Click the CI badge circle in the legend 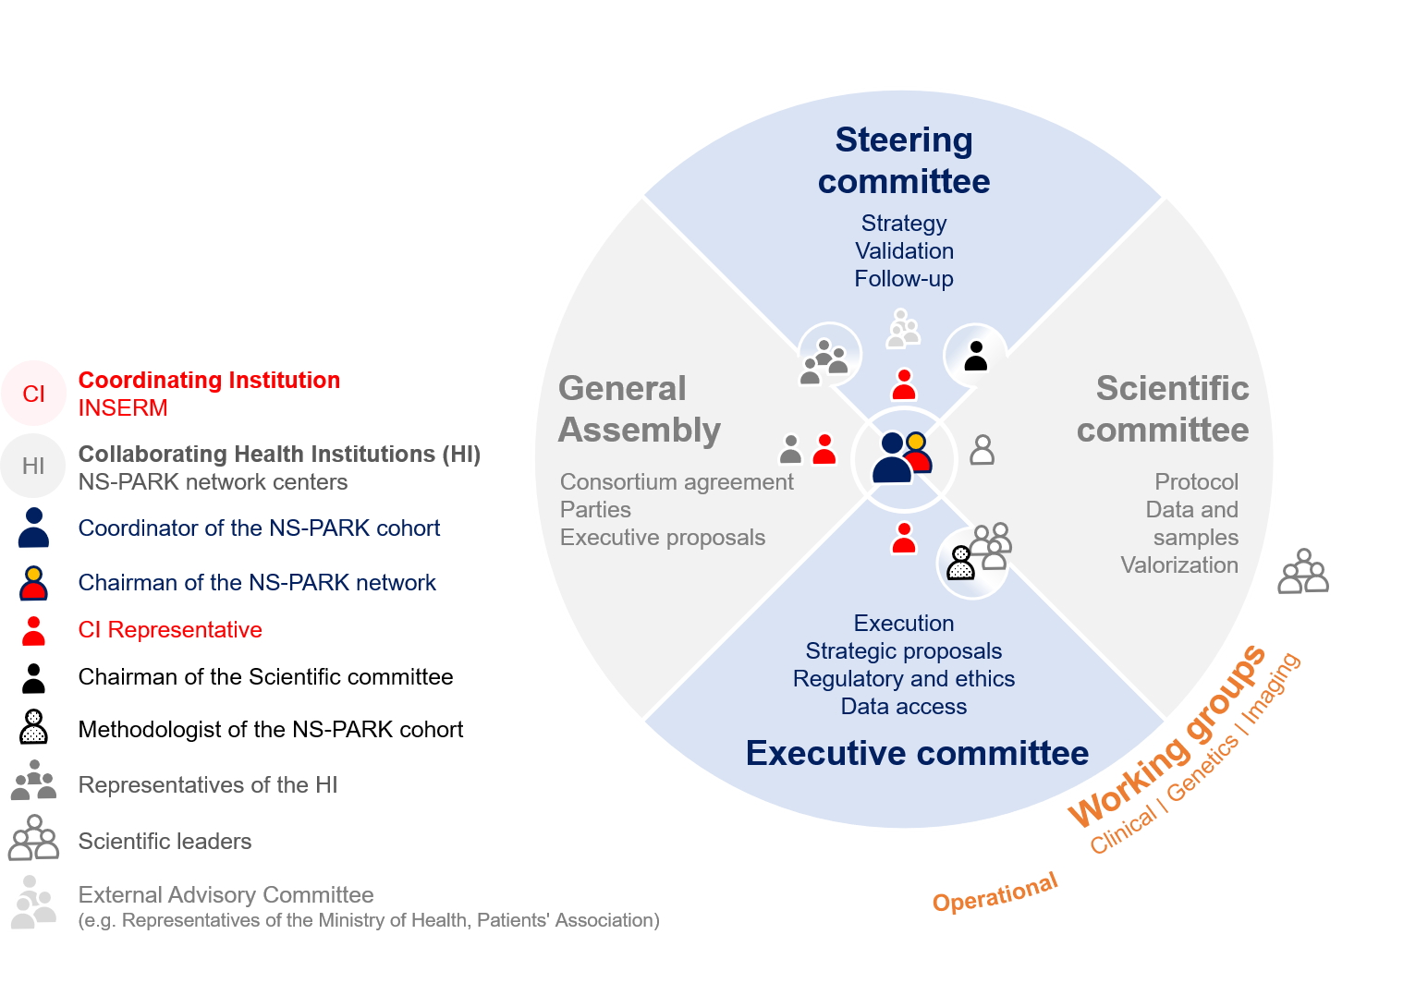pos(34,393)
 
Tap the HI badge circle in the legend pos(33,466)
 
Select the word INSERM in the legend pos(123,407)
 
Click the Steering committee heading pos(904,161)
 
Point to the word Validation pos(904,251)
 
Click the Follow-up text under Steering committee pos(904,279)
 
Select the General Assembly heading pos(640,409)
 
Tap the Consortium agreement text pos(677,482)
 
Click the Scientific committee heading pos(1163,409)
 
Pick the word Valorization pos(1179,565)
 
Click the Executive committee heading pos(918,753)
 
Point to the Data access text pos(904,707)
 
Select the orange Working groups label pos(1166,735)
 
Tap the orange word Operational pos(995,893)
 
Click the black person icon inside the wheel pos(975,356)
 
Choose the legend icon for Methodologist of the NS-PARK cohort pos(34,727)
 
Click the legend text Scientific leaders pos(165,842)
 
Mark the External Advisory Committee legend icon pos(33,903)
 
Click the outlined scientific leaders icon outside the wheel pos(1304,572)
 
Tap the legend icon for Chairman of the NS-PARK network pos(34,583)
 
